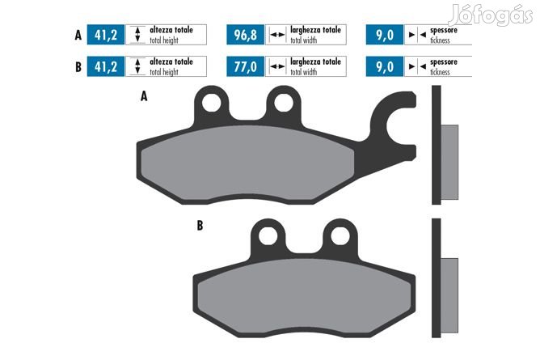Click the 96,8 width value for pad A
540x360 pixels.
point(245,35)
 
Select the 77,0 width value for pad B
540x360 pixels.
point(245,66)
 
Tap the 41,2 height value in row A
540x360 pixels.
point(106,35)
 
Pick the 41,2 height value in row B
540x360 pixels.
point(106,66)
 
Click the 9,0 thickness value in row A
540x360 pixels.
point(385,35)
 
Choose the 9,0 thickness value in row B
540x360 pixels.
point(385,66)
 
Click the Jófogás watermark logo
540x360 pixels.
point(491,15)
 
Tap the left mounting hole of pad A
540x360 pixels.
point(212,103)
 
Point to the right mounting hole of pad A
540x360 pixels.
point(284,103)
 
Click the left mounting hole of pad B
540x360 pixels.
point(268,236)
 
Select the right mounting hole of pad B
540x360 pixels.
point(340,236)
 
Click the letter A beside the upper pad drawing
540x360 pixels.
point(144,96)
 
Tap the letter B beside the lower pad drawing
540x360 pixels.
point(200,226)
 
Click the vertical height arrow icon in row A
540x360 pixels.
point(137,35)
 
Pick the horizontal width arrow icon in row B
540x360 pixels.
point(277,66)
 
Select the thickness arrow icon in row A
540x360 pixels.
point(417,35)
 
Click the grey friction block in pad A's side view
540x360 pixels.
point(449,163)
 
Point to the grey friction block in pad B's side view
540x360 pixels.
point(449,295)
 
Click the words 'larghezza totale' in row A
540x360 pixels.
point(315,30)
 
